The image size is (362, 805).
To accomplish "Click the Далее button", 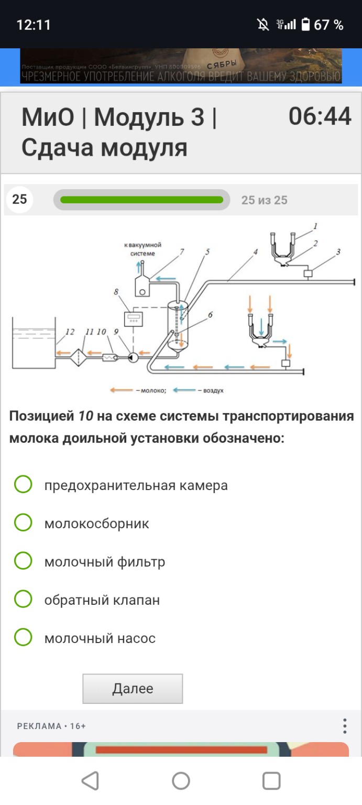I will point(133,688).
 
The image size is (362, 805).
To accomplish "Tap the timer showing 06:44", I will point(320,116).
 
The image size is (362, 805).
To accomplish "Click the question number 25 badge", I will point(19,200).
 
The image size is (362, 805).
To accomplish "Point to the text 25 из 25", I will point(264,200).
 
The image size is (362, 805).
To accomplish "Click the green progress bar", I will point(141,200).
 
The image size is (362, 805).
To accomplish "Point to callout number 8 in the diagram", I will point(116,292).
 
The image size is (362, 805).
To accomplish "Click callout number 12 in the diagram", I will point(70,332).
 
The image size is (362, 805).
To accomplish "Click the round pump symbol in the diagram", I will point(133,357).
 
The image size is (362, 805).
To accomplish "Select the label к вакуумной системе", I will point(142,249).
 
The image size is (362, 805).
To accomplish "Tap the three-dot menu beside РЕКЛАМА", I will point(344,726).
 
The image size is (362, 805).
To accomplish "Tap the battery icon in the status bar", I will point(305,25).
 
